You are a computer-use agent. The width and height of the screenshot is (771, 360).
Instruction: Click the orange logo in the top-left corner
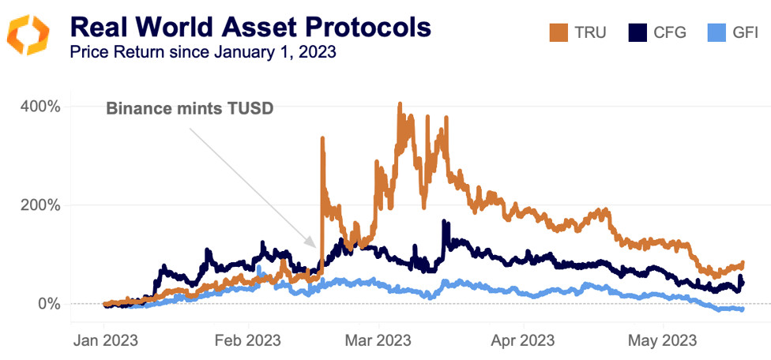pyautogui.click(x=28, y=35)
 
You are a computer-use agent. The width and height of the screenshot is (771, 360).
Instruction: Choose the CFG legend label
pyautogui.click(x=669, y=33)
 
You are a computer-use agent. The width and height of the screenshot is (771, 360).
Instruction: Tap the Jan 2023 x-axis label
pyautogui.click(x=104, y=341)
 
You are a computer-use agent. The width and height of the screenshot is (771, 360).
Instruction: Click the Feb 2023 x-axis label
pyautogui.click(x=248, y=341)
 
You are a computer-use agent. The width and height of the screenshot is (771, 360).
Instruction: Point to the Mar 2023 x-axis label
pyautogui.click(x=378, y=341)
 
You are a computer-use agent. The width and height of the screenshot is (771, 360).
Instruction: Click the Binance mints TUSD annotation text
pyautogui.click(x=190, y=109)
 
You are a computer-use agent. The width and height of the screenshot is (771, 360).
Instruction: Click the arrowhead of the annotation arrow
pyautogui.click(x=315, y=247)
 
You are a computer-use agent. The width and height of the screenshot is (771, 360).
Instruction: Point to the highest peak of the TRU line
pyautogui.click(x=400, y=104)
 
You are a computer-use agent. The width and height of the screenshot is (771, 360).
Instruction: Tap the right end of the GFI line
pyautogui.click(x=742, y=309)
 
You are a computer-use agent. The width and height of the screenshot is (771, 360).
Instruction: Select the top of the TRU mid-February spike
pyautogui.click(x=322, y=139)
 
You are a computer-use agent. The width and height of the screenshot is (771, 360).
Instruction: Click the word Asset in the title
pyautogui.click(x=253, y=27)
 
